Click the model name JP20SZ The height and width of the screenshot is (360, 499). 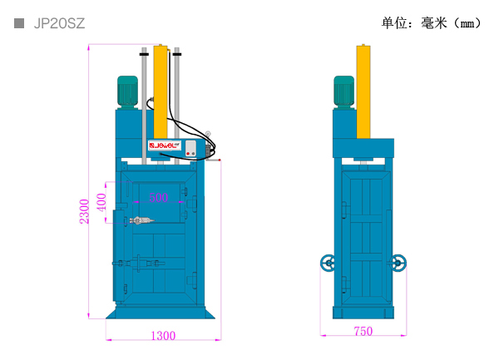(59, 23)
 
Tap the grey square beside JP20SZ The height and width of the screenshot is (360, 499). (19, 23)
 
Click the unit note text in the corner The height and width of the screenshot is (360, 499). (431, 23)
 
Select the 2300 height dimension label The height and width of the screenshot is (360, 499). (84, 211)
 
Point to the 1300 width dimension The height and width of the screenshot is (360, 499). (163, 336)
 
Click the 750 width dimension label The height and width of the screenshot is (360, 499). (363, 331)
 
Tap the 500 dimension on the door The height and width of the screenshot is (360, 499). (159, 198)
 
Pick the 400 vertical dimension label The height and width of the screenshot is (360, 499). (101, 203)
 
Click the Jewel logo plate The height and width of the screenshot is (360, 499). (165, 145)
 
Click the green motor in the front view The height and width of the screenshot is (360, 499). (127, 91)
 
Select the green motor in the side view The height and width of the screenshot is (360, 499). (343, 91)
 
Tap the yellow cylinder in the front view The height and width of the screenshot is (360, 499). (161, 91)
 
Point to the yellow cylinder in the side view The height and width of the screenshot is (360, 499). (363, 91)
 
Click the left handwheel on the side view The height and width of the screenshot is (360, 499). (328, 263)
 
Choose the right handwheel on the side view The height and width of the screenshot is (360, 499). (398, 263)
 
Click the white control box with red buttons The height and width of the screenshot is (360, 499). (190, 149)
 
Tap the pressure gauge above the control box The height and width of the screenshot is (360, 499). (208, 134)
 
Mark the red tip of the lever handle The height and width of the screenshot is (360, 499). (220, 160)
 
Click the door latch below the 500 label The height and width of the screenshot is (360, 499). (142, 220)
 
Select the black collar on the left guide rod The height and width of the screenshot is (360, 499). (144, 54)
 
